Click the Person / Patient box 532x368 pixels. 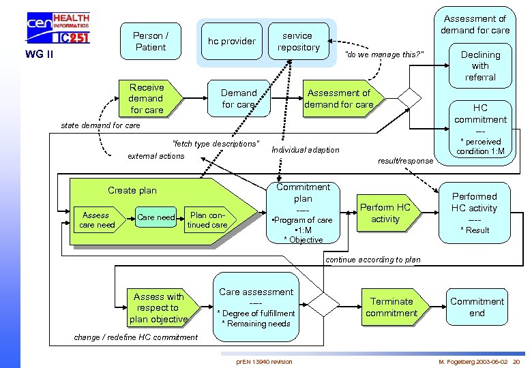[151, 42]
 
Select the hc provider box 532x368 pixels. [232, 42]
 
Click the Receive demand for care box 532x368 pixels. [147, 98]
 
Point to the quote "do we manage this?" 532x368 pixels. [385, 54]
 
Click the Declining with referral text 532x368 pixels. [480, 65]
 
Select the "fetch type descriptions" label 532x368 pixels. [216, 144]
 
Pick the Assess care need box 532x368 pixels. [97, 220]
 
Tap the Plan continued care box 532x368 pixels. [208, 220]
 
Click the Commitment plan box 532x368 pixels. [302, 213]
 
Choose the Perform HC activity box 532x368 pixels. [385, 213]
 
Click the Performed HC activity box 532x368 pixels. [474, 213]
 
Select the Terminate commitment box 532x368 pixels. [391, 307]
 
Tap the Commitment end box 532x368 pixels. [477, 307]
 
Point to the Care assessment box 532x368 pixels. [256, 307]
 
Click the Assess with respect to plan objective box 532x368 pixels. [158, 307]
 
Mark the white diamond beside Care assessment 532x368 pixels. [325, 300]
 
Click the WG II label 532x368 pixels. [40, 54]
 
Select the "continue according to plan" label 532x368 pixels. [374, 260]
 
